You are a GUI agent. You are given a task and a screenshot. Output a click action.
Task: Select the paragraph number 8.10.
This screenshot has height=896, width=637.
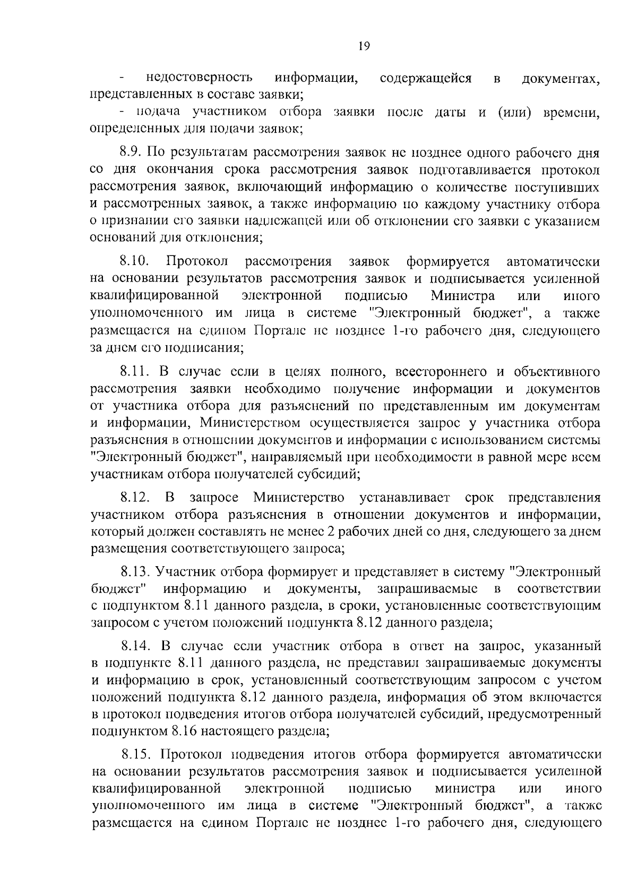(x=134, y=261)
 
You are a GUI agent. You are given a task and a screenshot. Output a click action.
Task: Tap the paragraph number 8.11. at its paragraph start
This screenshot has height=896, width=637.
(x=135, y=371)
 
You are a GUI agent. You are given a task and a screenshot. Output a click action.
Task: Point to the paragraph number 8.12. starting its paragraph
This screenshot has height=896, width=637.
(x=136, y=498)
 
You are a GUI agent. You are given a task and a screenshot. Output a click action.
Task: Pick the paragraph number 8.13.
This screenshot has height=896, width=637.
(x=136, y=572)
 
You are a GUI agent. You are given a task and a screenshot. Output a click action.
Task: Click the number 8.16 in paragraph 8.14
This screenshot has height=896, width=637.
(x=184, y=731)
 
